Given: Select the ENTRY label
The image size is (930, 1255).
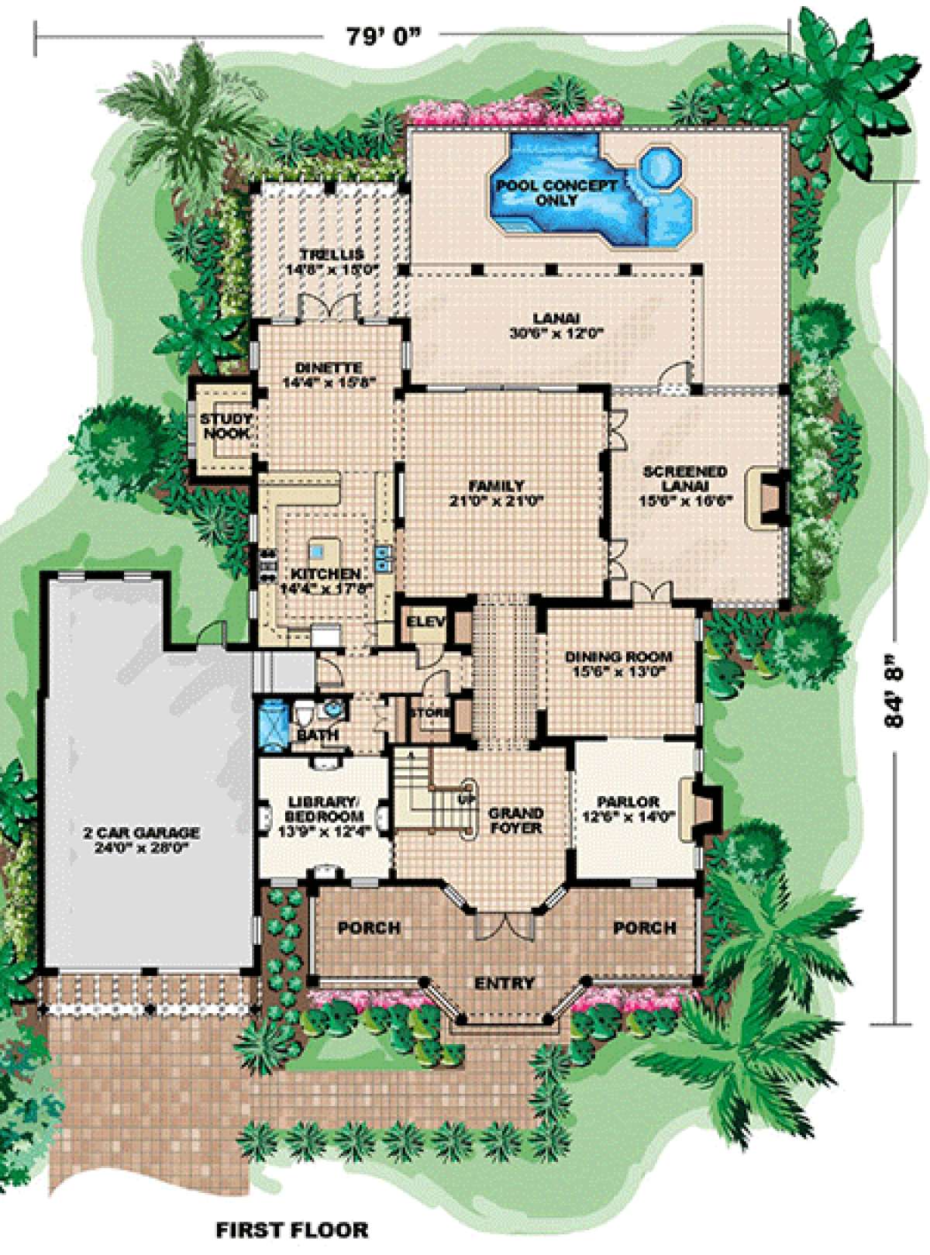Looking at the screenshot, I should point(505,984).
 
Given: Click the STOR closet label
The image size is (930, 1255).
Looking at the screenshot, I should point(427,711).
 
